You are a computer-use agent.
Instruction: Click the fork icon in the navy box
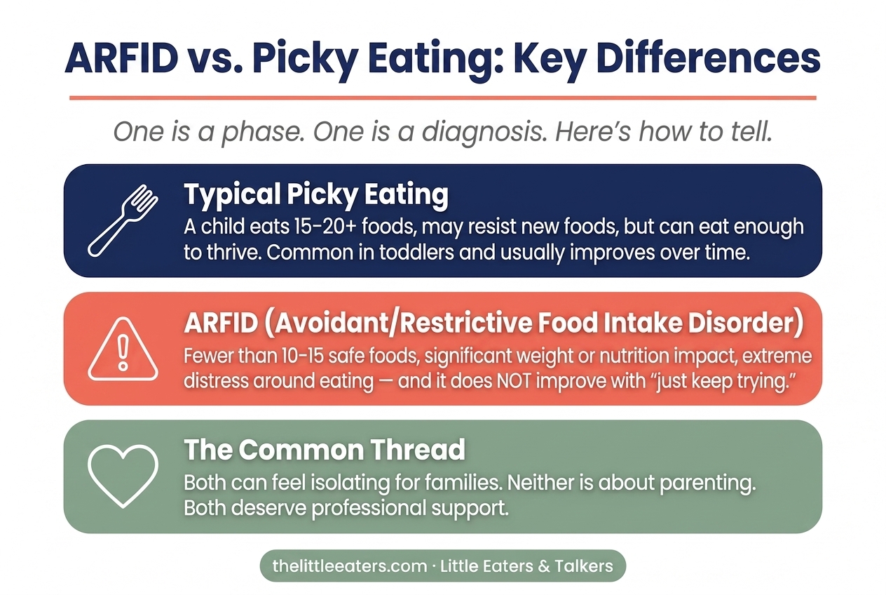pos(122,220)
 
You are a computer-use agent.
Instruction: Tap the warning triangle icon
pos(123,349)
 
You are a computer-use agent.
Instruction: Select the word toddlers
pos(416,252)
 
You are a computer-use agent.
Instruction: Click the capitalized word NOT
pos(514,381)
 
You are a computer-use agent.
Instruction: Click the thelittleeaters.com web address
pos(350,566)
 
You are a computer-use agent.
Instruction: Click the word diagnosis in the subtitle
pos(482,132)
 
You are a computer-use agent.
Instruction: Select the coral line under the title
pos(443,98)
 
